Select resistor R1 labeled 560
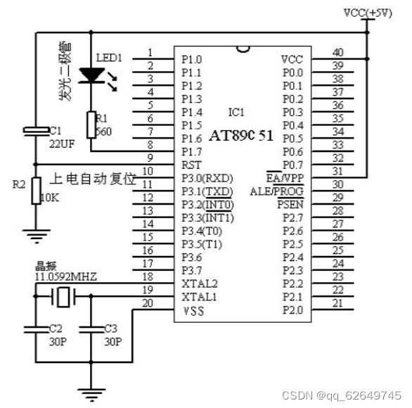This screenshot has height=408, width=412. coord(90,124)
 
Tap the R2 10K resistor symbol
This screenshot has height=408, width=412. coord(35,191)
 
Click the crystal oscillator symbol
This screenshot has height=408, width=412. coord(64,298)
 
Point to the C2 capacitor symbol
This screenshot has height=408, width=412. coord(35,328)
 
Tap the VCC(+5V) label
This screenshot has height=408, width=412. coord(368,13)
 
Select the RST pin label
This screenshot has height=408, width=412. coord(191,165)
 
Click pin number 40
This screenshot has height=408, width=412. coord(338,52)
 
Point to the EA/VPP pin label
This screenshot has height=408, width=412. coord(285,178)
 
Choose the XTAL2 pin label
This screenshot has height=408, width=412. coord(198,284)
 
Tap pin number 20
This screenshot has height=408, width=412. coord(148,303)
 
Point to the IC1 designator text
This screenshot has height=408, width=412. coord(236,112)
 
